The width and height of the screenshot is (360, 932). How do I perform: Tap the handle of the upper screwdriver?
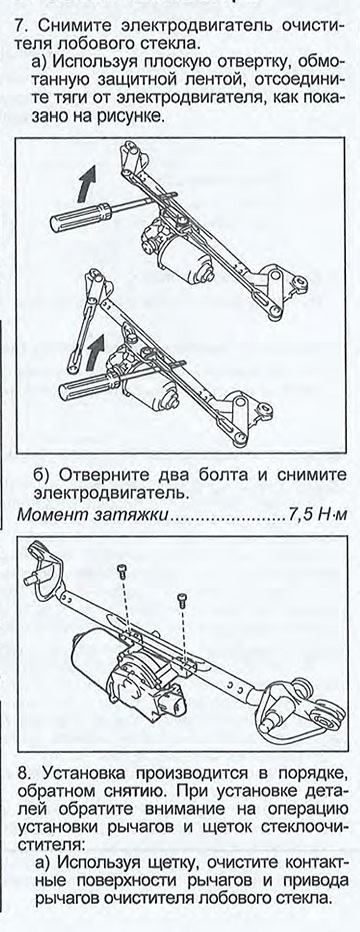(81, 217)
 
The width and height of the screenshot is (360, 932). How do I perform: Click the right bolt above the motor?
(181, 600)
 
